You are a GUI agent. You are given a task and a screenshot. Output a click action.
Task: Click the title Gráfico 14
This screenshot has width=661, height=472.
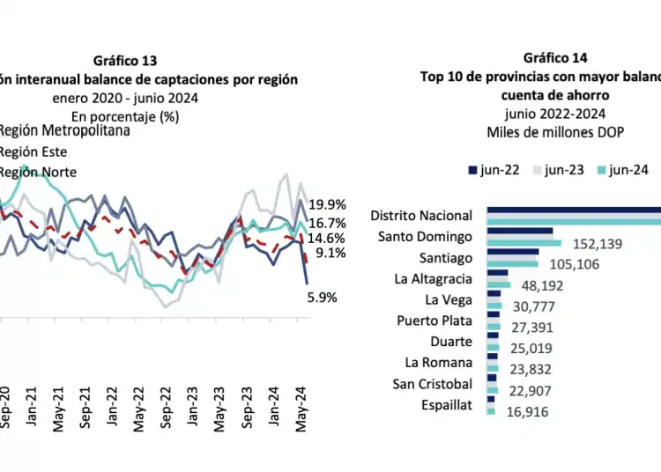coord(554,58)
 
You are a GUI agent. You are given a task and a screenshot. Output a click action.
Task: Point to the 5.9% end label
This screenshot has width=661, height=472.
coord(322,298)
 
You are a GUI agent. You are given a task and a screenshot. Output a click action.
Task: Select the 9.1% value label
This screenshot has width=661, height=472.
coord(329,254)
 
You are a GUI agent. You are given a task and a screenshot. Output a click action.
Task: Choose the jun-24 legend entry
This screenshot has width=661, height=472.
coord(621,171)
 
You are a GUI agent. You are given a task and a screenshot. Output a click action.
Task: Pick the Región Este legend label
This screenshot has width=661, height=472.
coord(33,151)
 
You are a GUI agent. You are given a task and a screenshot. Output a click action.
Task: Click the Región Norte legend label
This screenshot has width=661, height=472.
coord(37,172)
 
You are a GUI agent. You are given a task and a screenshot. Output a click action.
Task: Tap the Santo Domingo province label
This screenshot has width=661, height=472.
coord(425,236)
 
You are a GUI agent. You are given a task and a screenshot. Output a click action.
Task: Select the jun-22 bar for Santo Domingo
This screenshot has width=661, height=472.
coord(520,230)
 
